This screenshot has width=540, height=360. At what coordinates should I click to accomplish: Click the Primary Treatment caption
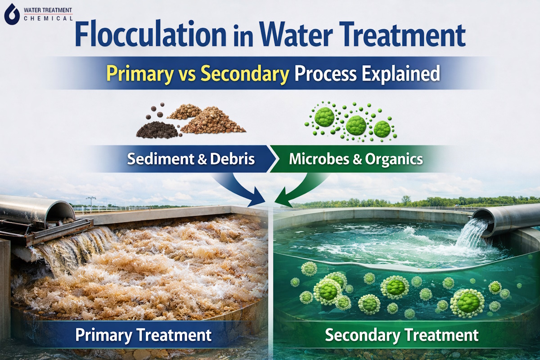tap(143, 335)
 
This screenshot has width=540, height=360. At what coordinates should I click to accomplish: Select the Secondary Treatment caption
tap(401, 335)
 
